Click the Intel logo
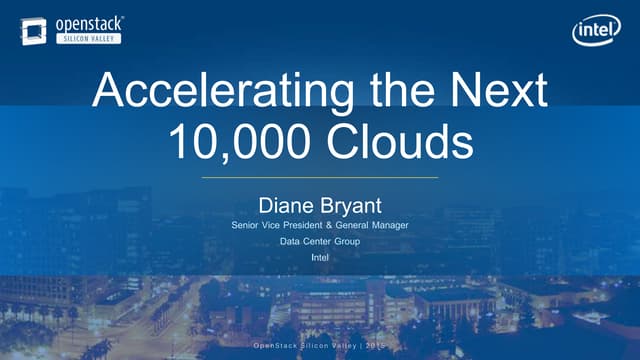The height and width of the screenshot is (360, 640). (x=596, y=31)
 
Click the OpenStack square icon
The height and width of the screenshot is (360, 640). (x=33, y=31)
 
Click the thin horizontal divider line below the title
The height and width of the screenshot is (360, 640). (x=320, y=177)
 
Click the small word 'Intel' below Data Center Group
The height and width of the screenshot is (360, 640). (x=320, y=258)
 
